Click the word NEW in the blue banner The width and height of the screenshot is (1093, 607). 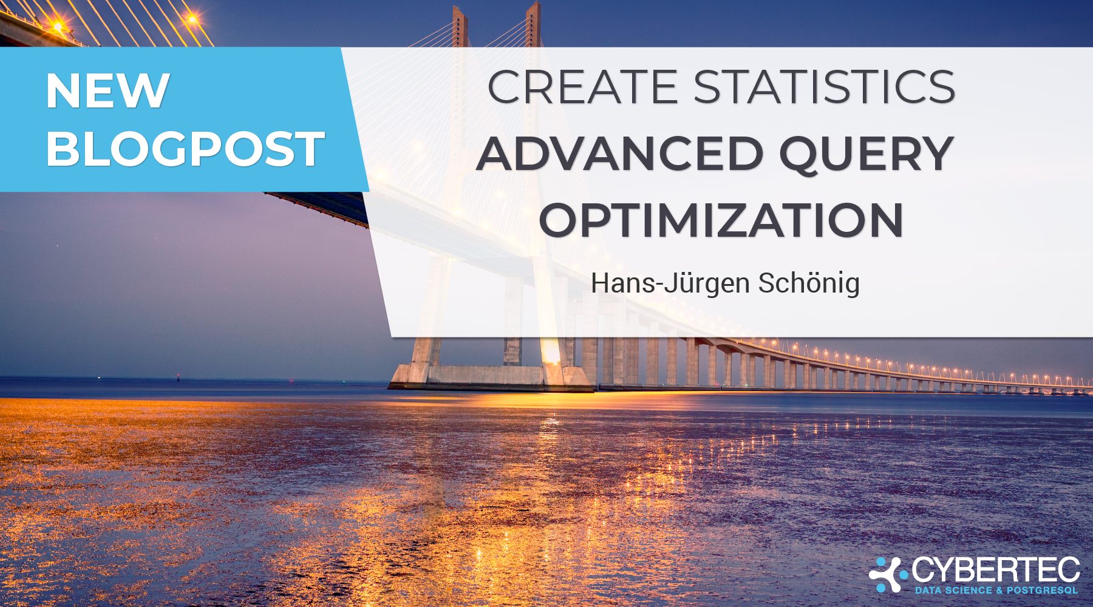(x=107, y=90)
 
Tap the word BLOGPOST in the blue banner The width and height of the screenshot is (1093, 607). (x=185, y=148)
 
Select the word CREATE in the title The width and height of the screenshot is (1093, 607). (x=582, y=87)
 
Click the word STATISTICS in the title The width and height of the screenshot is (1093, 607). (x=825, y=87)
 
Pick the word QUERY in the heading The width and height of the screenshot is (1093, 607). (x=866, y=154)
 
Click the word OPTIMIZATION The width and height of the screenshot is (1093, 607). (x=721, y=220)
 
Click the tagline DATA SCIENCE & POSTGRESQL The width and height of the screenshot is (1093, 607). (x=996, y=590)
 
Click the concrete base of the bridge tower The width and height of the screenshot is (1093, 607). (x=491, y=376)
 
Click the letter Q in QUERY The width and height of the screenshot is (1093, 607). (x=803, y=155)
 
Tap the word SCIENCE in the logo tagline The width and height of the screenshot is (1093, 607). (x=967, y=590)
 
